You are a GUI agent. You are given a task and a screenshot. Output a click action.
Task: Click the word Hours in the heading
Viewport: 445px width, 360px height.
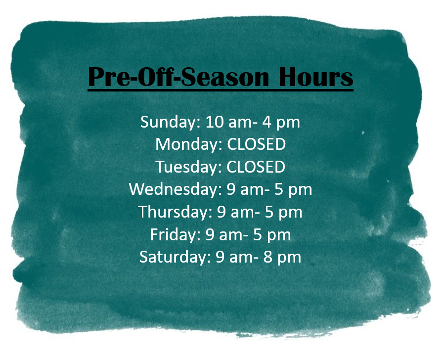pos(315,77)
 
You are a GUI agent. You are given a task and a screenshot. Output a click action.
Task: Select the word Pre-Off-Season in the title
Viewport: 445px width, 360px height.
pos(178,77)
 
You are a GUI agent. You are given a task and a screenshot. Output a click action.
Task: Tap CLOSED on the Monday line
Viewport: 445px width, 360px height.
pos(256,144)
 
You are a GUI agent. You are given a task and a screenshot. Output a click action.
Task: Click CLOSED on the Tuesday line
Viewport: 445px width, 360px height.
pos(256,167)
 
